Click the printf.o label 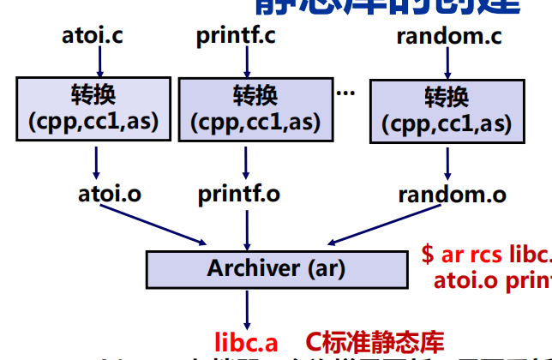coord(239,193)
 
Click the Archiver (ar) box coord(276,268)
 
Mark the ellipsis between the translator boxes coord(346,91)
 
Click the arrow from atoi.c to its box coord(99,62)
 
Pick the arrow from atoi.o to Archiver coord(154,225)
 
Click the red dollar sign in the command coord(428,255)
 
